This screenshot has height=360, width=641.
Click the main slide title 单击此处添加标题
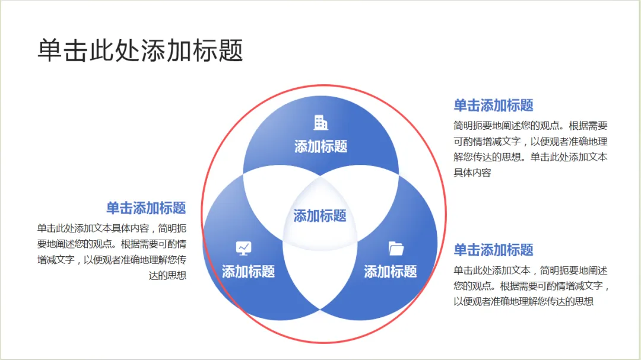141,50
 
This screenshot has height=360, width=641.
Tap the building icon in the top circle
320,123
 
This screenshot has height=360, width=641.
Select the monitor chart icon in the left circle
244,248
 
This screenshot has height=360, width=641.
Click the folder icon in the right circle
396,248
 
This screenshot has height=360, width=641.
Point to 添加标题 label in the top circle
320,146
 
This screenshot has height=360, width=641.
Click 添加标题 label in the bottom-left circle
248,272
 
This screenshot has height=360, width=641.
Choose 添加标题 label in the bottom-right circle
390,272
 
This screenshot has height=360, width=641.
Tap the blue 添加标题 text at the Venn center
320,216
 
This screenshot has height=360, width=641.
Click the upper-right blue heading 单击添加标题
493,106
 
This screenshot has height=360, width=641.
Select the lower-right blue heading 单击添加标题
493,250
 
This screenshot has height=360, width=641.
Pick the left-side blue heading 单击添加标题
146,208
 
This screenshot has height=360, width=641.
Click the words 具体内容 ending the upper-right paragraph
472,173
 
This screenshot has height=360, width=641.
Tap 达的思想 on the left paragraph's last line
168,275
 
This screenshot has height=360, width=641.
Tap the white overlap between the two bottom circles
320,273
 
